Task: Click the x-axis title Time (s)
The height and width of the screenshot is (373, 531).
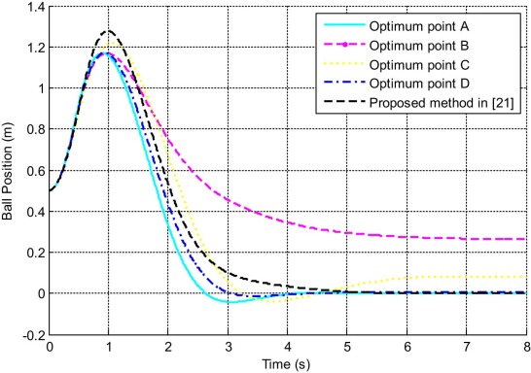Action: coord(288,362)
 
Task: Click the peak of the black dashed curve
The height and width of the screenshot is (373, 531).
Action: coord(109,31)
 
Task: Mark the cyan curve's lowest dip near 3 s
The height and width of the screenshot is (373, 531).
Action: coord(229,302)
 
